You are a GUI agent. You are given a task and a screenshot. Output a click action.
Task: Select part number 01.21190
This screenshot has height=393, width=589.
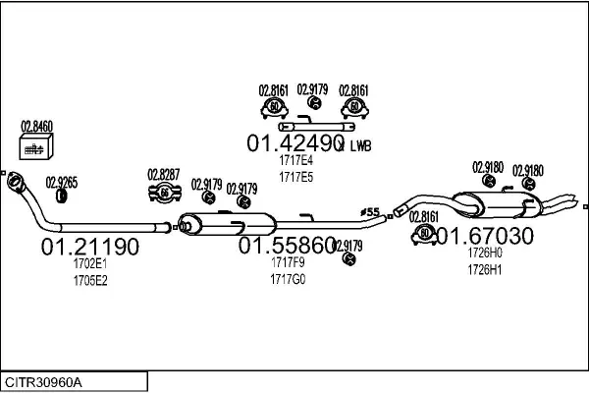pyautogui.click(x=90, y=246)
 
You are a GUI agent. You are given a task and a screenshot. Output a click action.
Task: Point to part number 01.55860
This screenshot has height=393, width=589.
pyautogui.click(x=287, y=246)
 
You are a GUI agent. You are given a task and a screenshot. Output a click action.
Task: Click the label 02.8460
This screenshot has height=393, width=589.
pyautogui.click(x=37, y=127)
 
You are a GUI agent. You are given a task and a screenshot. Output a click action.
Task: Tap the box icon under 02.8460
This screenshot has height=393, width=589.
pyautogui.click(x=36, y=147)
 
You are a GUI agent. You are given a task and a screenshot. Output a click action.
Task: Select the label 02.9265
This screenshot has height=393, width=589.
pyautogui.click(x=62, y=181)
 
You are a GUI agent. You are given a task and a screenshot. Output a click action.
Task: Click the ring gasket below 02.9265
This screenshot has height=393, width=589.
pyautogui.click(x=61, y=196)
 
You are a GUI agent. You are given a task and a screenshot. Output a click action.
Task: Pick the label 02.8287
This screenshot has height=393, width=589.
pyautogui.click(x=164, y=175)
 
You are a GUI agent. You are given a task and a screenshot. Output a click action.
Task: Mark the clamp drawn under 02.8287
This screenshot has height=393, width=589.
pyautogui.click(x=163, y=195)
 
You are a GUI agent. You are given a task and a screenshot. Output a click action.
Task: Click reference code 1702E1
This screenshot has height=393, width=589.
pyautogui.click(x=89, y=264)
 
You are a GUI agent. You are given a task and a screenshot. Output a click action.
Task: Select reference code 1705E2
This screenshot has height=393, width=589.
pyautogui.click(x=89, y=280)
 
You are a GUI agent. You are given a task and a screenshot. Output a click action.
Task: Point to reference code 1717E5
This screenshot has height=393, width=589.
pyautogui.click(x=295, y=178)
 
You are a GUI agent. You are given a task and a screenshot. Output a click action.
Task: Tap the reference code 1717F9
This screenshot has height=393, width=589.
pyautogui.click(x=288, y=263)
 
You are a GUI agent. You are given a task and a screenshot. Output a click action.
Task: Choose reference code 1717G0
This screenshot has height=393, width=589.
pyautogui.click(x=288, y=279)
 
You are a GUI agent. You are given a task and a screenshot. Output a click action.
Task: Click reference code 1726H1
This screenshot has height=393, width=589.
pyautogui.click(x=484, y=269)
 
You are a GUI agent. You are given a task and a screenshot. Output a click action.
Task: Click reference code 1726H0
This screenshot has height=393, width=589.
pyautogui.click(x=484, y=253)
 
